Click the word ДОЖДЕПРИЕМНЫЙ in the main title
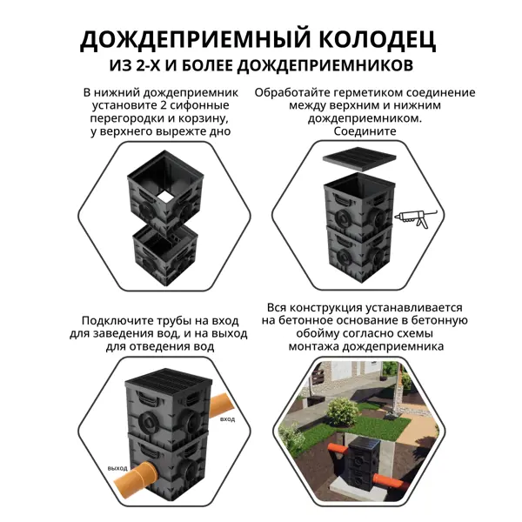click(196, 40)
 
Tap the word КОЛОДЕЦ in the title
click(378, 40)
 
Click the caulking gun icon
click(415, 218)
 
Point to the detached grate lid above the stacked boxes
click(359, 159)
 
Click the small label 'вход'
click(227, 419)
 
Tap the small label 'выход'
click(117, 468)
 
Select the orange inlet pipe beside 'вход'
click(220, 405)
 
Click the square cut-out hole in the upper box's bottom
click(164, 197)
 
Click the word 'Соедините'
click(365, 130)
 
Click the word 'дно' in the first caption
click(220, 131)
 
